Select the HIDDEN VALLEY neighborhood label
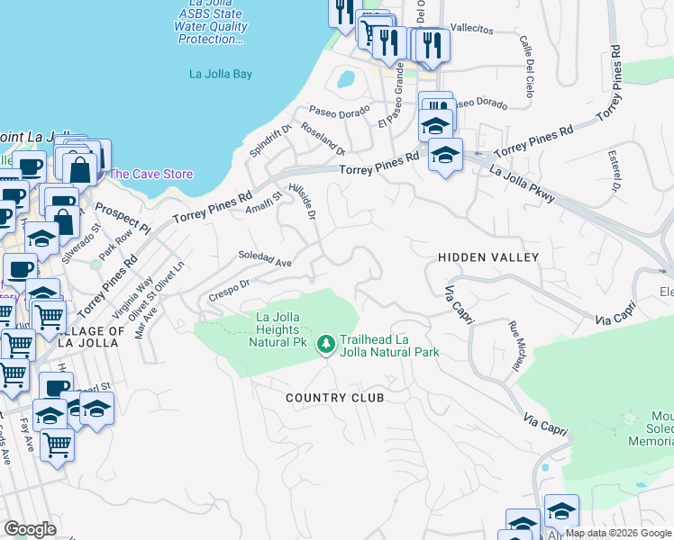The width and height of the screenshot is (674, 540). (x=487, y=257)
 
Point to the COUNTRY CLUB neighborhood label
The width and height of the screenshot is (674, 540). (x=334, y=398)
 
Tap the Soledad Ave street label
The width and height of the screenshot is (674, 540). (x=265, y=260)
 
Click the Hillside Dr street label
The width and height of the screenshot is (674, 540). (x=303, y=202)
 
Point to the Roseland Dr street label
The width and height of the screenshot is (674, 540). (x=323, y=138)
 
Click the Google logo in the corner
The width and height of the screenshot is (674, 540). (x=31, y=529)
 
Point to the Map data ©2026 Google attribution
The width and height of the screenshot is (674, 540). (x=618, y=533)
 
